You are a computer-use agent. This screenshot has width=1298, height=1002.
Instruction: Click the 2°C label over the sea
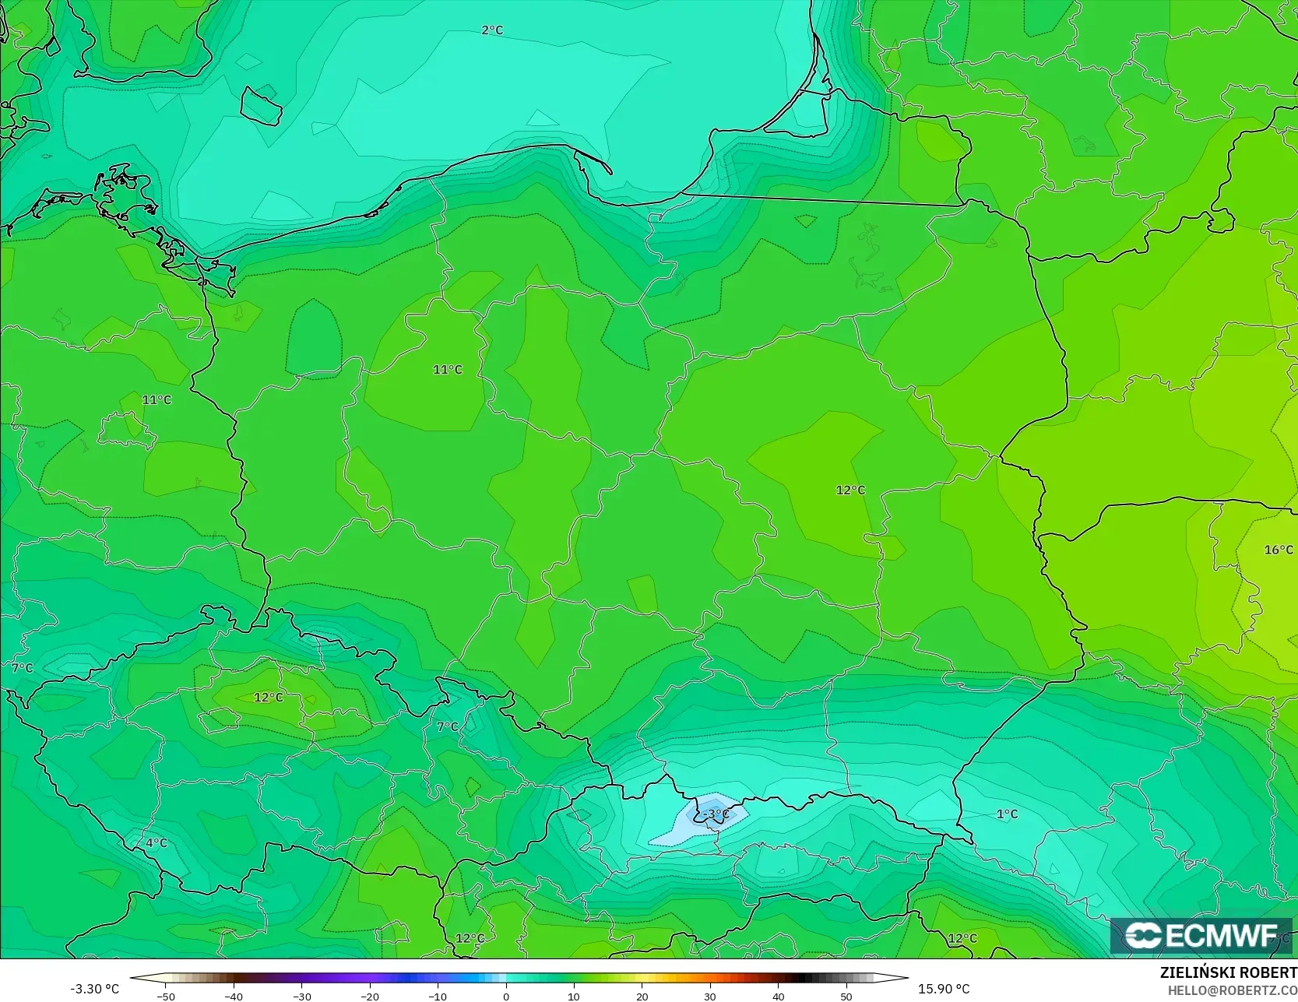[x=492, y=30]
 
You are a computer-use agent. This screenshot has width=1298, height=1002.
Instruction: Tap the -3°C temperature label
[x=716, y=814]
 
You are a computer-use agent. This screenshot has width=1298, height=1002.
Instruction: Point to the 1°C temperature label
[x=1007, y=814]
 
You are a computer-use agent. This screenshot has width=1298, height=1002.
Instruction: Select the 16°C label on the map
[x=1278, y=550]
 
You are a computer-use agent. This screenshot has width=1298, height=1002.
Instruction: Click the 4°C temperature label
[x=157, y=842]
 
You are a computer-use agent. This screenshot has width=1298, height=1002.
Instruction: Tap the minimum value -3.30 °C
[x=95, y=989]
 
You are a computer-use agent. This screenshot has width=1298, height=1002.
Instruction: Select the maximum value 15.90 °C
[x=944, y=989]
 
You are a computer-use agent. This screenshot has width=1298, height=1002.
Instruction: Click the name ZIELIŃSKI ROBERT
[x=1228, y=972]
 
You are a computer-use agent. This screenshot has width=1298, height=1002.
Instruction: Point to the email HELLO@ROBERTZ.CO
[x=1232, y=990]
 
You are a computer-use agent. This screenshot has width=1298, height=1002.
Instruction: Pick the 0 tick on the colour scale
[x=506, y=996]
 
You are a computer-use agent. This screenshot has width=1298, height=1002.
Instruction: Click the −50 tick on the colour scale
[x=166, y=996]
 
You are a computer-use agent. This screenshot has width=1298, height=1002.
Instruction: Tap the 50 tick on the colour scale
[x=846, y=996]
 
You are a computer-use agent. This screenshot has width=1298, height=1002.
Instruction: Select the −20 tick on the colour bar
[x=370, y=996]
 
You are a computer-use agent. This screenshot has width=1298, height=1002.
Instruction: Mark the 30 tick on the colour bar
[x=710, y=996]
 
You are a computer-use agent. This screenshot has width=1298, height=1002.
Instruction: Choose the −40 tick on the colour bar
[x=234, y=996]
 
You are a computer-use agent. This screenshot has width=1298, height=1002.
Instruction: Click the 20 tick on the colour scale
[x=642, y=996]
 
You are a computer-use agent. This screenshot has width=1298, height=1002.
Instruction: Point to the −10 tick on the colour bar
[x=438, y=996]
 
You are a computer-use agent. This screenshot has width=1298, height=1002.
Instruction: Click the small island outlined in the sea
[x=260, y=106]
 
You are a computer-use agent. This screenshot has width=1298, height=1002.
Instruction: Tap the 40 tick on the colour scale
[x=778, y=996]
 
